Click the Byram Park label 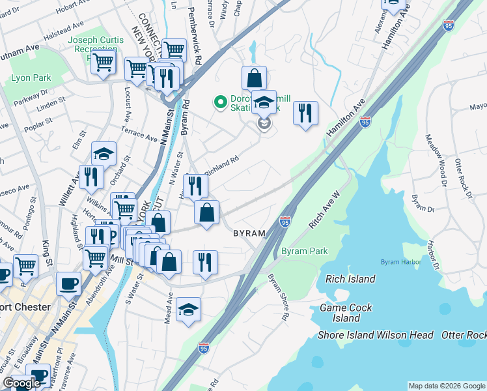click(304, 251)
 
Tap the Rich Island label click(350, 279)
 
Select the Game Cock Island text click(346, 313)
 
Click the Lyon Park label click(31, 78)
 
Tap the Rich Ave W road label click(326, 210)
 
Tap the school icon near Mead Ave click(189, 309)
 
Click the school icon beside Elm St click(104, 154)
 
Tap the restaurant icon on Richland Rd click(195, 186)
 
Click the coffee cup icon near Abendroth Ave click(68, 283)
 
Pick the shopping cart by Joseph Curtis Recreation click(104, 64)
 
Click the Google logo click(21, 383)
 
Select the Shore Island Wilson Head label click(375, 335)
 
